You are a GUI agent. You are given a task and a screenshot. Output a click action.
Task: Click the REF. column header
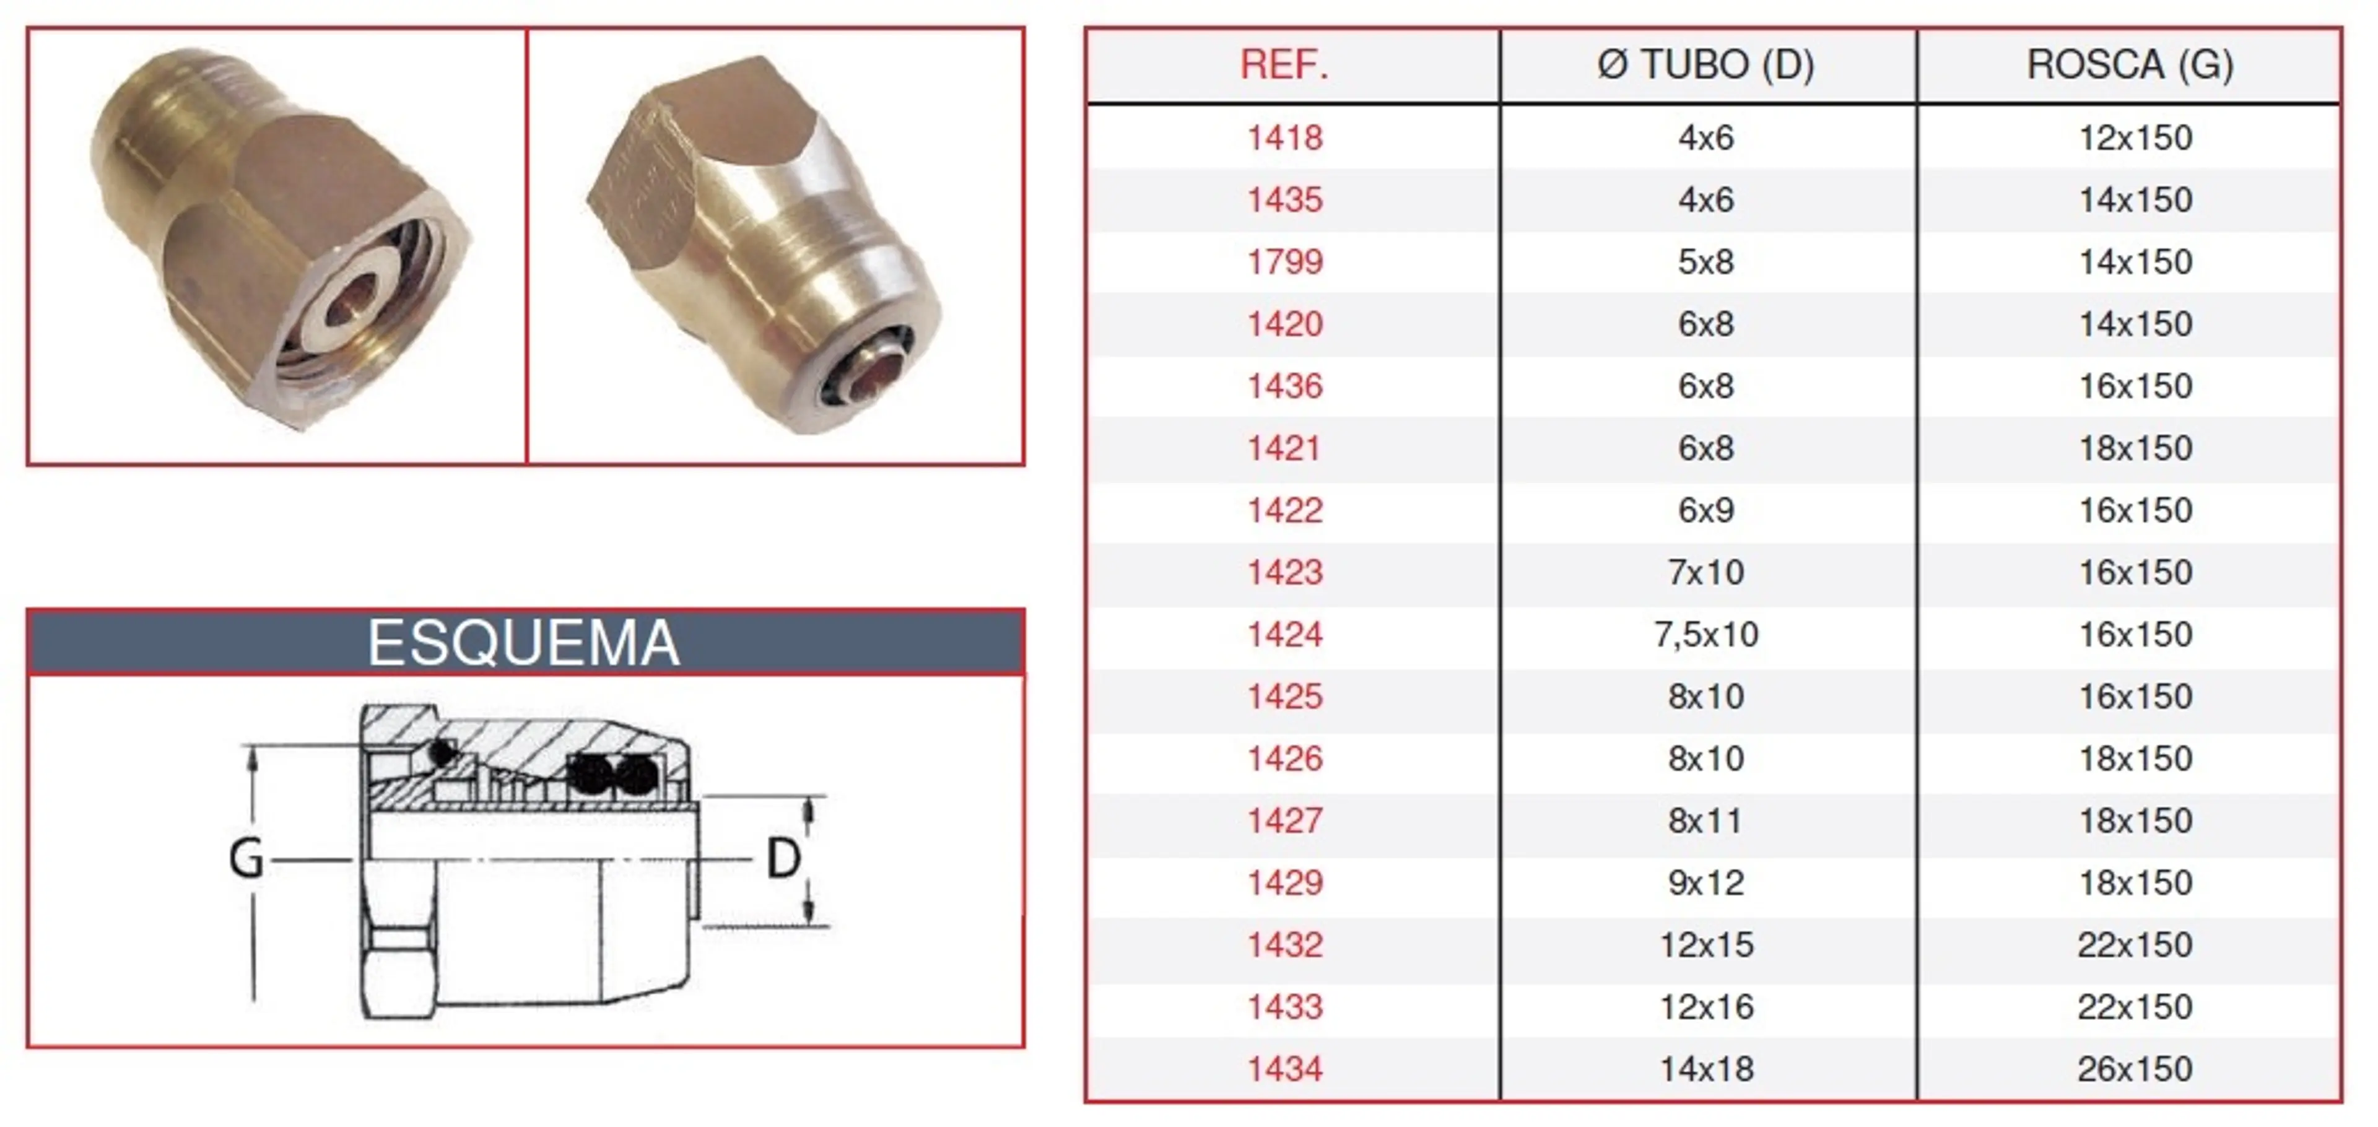coord(1284,64)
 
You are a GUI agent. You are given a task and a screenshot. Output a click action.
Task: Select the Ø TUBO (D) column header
coord(1706,64)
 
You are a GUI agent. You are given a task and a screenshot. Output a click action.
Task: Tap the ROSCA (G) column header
coord(2130,64)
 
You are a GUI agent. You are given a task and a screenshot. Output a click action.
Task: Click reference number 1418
coord(1285,137)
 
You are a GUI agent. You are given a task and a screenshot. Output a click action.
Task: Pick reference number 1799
coord(1285,262)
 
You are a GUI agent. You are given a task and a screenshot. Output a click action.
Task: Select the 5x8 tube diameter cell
coord(1706,262)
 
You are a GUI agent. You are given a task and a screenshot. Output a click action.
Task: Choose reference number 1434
coord(1285,1069)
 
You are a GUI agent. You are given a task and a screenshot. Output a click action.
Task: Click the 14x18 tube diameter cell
coord(1706,1069)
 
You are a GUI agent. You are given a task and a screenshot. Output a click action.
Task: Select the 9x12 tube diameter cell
coord(1706,883)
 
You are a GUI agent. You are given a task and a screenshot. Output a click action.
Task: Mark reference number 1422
coord(1285,510)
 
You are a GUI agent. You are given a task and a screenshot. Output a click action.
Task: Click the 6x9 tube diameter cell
coord(1706,510)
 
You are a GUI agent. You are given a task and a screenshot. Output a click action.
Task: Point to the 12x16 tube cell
coord(1706,1007)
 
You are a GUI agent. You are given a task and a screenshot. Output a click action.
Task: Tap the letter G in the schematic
coord(246,858)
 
